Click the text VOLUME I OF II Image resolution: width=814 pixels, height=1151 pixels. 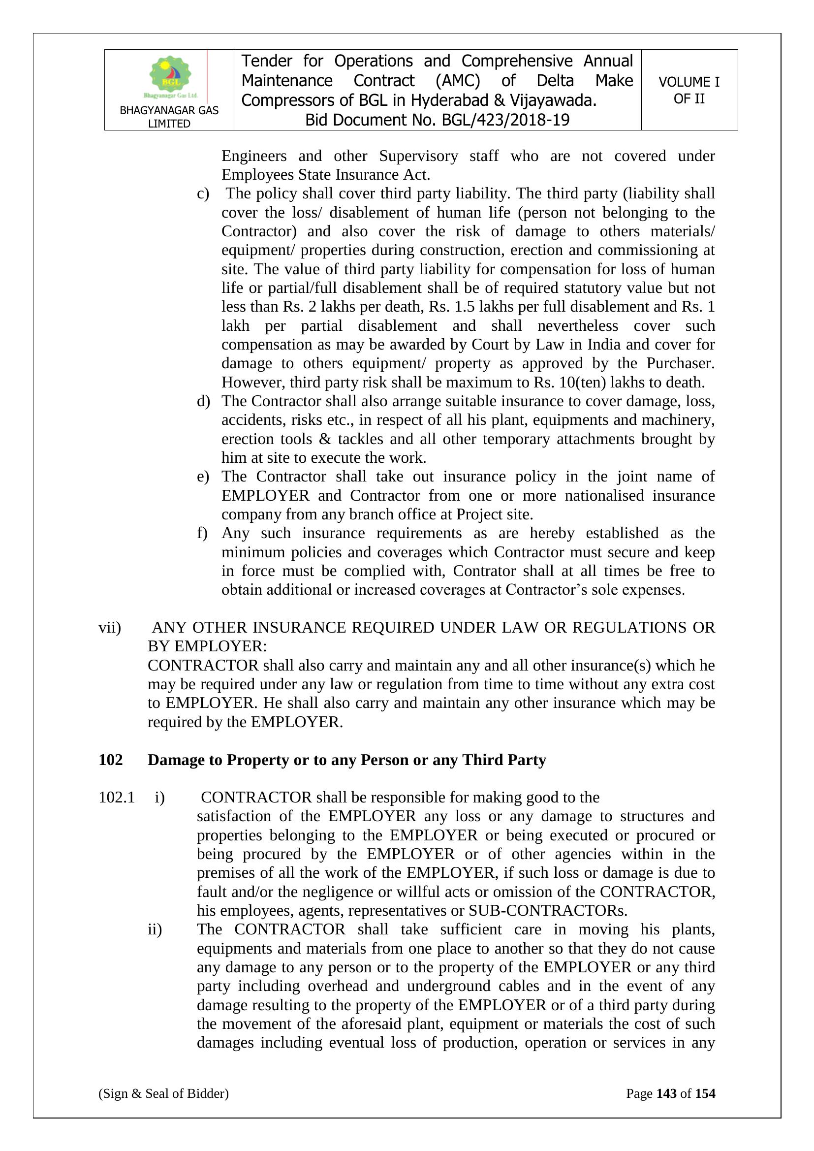point(689,90)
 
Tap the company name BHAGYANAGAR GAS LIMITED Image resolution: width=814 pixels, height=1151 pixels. point(169,117)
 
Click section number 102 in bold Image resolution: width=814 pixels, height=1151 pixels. point(111,760)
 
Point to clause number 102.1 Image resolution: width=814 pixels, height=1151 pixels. point(117,798)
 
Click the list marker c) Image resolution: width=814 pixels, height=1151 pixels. point(202,193)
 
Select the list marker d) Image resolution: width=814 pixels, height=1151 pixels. point(203,401)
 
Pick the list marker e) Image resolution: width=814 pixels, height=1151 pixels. point(202,477)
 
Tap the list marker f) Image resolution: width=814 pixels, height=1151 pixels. point(202,533)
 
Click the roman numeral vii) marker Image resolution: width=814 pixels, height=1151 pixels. point(110,628)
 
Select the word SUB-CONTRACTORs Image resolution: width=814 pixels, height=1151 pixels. point(547,910)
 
